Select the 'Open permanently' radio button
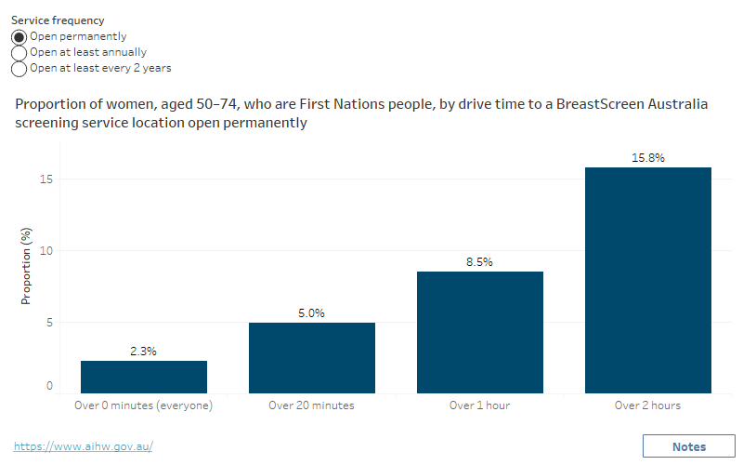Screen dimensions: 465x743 pos(19,36)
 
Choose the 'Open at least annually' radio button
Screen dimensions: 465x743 pos(19,52)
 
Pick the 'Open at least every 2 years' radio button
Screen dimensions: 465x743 pos(19,68)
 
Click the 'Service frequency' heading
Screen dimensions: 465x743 pos(58,20)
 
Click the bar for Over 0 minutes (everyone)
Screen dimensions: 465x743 pos(144,377)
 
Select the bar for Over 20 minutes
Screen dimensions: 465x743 pos(312,358)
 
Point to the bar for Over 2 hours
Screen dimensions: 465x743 pos(647,280)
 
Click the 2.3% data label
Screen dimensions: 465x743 pos(144,352)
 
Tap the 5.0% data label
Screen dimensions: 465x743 pos(312,313)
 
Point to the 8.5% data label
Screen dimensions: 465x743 pos(479,262)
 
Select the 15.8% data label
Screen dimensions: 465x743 pos(647,158)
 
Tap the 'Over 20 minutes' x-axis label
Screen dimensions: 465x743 pos(312,405)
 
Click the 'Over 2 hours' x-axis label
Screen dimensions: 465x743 pos(647,405)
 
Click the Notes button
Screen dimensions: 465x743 pos(688,446)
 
